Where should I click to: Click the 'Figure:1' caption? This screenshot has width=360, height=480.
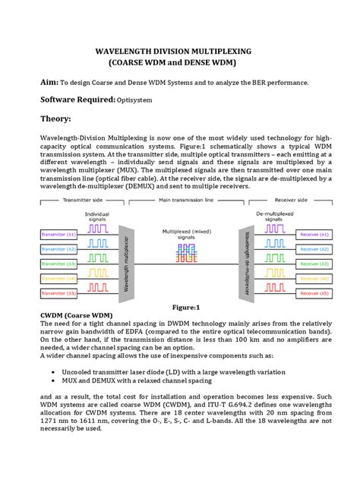pyautogui.click(x=185, y=307)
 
